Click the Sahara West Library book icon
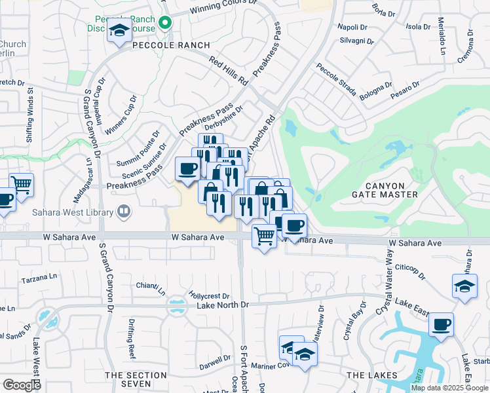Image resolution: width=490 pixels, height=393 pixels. pyautogui.click(x=123, y=211)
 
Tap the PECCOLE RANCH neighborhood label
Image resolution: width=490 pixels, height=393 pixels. pyautogui.click(x=172, y=45)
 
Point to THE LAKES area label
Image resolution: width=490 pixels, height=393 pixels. pyautogui.click(x=371, y=375)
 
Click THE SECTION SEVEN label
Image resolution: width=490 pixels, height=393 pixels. pyautogui.click(x=133, y=379)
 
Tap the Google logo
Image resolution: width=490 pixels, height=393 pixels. pyautogui.click(x=22, y=385)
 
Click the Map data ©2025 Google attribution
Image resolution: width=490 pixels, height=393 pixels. pyautogui.click(x=449, y=388)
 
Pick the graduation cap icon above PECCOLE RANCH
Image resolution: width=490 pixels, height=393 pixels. pyautogui.click(x=119, y=31)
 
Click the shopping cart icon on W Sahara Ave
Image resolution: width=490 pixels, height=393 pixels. pyautogui.click(x=264, y=236)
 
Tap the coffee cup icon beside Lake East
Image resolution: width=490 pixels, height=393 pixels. pyautogui.click(x=442, y=324)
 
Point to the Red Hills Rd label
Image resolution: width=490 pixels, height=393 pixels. pyautogui.click(x=228, y=71)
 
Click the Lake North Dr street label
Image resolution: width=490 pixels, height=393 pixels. pyautogui.click(x=223, y=305)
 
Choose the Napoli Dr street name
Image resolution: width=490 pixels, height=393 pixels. pyautogui.click(x=352, y=27)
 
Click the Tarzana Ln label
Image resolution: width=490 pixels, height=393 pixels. pyautogui.click(x=39, y=278)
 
